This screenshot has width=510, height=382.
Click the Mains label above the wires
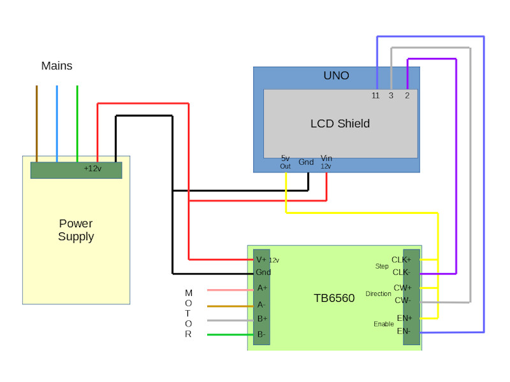click(57, 66)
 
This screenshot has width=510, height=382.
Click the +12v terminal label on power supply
click(93, 169)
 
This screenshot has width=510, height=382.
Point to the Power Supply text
click(76, 230)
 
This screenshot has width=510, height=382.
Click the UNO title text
click(336, 76)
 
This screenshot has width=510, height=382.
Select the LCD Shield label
click(340, 124)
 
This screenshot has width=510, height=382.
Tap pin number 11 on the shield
click(375, 95)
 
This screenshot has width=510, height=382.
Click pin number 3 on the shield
click(391, 95)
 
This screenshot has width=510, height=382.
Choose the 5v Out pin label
click(285, 162)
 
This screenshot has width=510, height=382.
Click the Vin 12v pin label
click(326, 161)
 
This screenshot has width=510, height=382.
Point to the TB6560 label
click(334, 298)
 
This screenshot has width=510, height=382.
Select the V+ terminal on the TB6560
click(261, 259)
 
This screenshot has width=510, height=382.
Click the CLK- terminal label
click(401, 272)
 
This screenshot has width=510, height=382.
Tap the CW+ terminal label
click(402, 288)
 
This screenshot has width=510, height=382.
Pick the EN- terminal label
click(404, 331)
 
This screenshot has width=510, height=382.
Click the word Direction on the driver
click(379, 294)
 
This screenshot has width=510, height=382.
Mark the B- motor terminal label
click(261, 334)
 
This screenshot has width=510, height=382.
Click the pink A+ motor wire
click(230, 290)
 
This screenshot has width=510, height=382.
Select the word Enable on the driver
click(384, 324)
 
